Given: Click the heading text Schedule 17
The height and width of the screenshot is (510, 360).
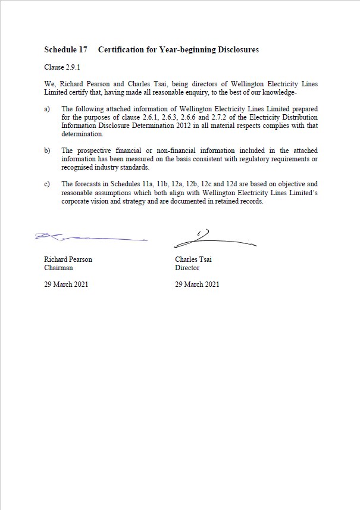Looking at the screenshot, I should [66, 50].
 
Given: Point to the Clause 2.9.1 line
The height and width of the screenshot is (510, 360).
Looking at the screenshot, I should [62, 67].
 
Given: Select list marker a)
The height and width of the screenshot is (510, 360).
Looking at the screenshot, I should [48, 109].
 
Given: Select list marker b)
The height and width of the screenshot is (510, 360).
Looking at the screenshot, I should [48, 151].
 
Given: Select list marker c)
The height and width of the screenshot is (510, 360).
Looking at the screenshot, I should [48, 184].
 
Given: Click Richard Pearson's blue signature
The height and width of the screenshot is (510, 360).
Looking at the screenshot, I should [89, 237].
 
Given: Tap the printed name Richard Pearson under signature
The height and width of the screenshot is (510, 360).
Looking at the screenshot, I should [68, 259].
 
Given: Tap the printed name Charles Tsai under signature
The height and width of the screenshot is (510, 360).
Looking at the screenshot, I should [194, 259].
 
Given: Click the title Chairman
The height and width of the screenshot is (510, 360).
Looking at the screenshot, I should [58, 268].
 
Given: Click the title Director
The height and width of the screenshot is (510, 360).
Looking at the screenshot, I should [187, 268].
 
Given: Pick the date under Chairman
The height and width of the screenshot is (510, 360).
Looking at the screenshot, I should [66, 284].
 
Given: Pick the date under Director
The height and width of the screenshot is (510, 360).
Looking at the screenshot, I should [197, 284].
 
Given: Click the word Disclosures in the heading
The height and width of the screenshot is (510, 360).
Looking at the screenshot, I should [238, 50].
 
